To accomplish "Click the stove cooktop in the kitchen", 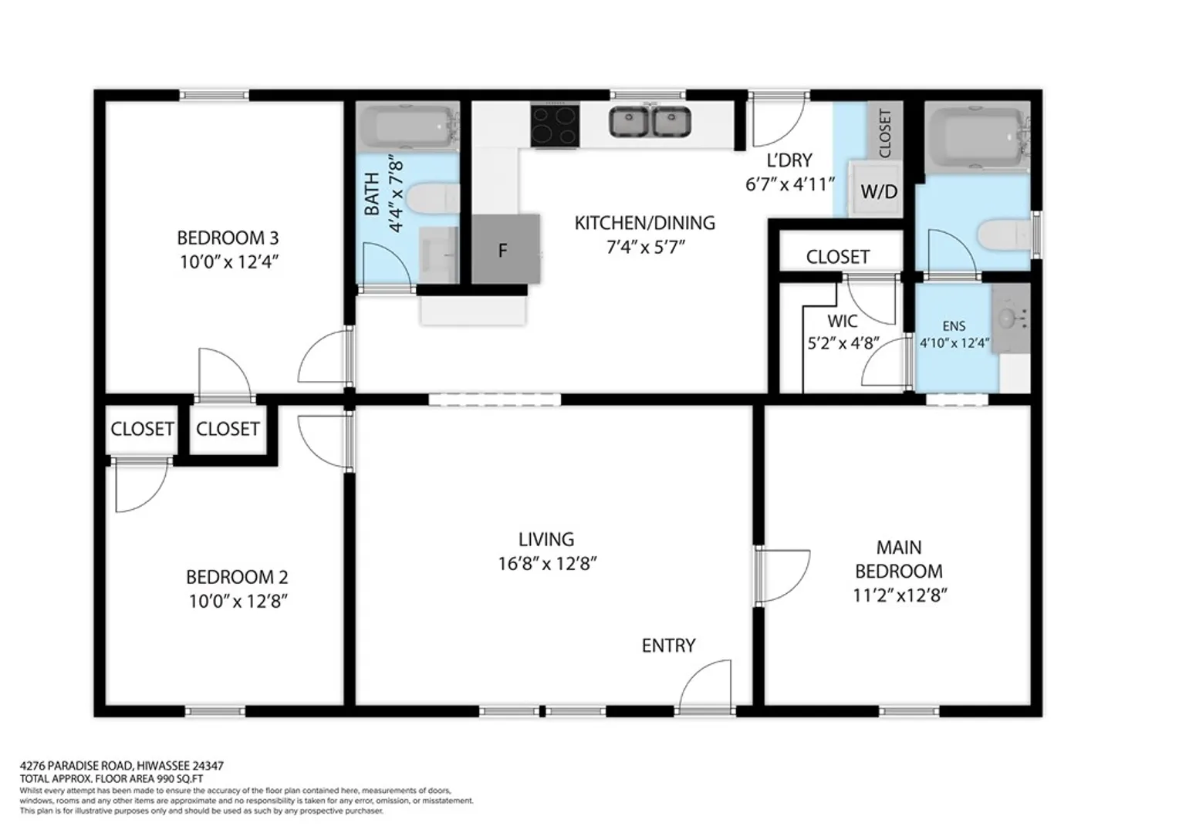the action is point(555,126).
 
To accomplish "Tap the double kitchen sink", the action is point(650,122).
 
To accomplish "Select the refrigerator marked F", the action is point(505,249).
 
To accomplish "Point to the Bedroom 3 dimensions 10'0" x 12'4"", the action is point(229,262).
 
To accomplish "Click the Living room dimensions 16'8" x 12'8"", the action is point(547,564).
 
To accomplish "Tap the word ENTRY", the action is point(668,645).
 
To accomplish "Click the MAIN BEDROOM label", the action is point(899,559).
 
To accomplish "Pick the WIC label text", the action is point(842,321).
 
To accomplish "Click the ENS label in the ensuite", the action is point(954,326).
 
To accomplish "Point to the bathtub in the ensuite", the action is point(977,138).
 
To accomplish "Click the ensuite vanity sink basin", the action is point(1008,318).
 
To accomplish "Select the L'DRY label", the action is point(789,160).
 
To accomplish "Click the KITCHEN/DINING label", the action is point(645,223).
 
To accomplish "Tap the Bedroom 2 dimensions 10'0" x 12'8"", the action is point(238,601).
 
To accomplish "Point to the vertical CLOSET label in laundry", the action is point(885,133).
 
